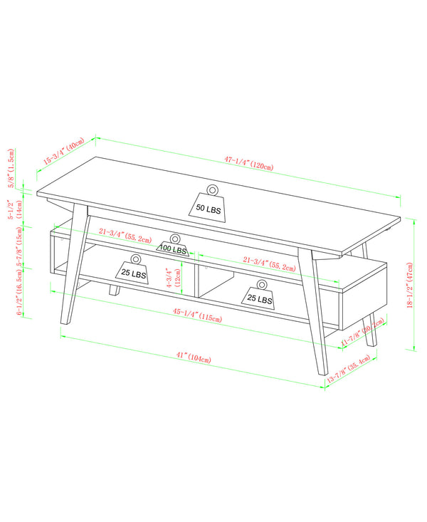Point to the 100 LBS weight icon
click(x=174, y=249)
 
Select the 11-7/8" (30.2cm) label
click(x=362, y=332)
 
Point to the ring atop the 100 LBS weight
click(x=174, y=239)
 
